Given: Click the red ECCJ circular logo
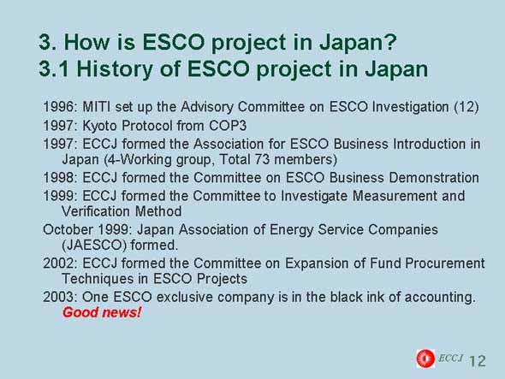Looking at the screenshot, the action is click(425, 358).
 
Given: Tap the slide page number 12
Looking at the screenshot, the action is click(478, 361).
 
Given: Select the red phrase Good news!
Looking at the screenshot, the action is click(102, 312).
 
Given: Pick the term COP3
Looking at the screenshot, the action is click(228, 126).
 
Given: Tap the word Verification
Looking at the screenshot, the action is click(96, 211).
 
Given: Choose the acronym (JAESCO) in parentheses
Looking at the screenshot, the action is click(94, 246).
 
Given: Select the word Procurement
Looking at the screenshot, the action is click(445, 264).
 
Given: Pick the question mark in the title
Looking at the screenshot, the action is click(391, 42).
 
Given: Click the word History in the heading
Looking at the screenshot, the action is click(115, 69).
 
